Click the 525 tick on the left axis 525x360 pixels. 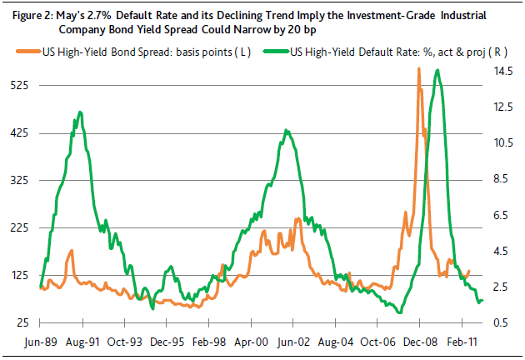click(22, 85)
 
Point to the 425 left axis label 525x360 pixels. click(22, 132)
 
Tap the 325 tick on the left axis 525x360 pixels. click(22, 180)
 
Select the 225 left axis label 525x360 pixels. click(22, 227)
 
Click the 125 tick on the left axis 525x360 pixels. click(22, 275)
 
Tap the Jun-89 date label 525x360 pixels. click(41, 342)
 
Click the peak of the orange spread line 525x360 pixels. click(418, 68)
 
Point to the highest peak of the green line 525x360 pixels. click(437, 70)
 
